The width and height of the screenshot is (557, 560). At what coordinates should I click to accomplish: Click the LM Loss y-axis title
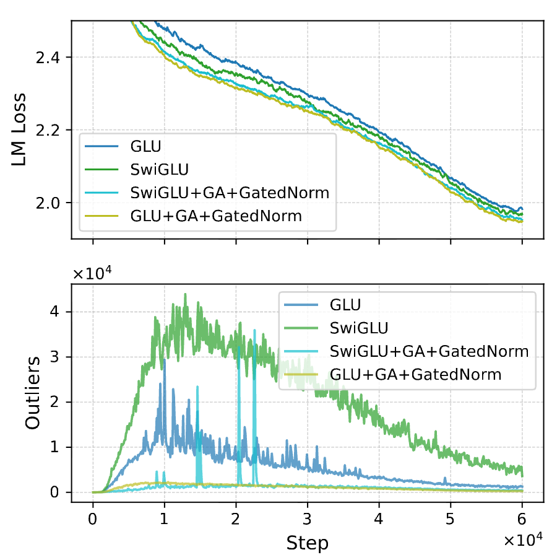click(x=20, y=129)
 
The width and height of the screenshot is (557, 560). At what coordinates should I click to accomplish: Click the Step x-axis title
click(x=307, y=543)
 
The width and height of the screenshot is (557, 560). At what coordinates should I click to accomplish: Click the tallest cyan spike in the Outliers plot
click(x=254, y=331)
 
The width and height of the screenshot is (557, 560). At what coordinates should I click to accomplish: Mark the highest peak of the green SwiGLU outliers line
click(x=185, y=294)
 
